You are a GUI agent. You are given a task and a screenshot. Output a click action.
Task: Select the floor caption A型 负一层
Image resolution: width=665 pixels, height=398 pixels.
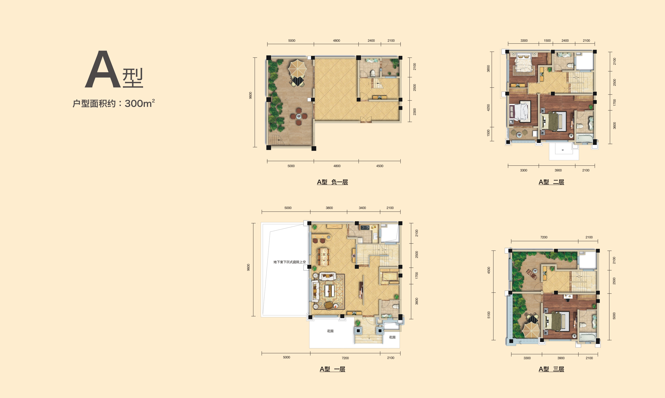point(332,182)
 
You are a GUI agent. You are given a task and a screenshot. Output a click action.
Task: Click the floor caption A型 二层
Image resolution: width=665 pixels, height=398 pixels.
point(551,182)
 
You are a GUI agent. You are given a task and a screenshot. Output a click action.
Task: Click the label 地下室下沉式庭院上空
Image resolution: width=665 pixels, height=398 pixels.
point(289,262)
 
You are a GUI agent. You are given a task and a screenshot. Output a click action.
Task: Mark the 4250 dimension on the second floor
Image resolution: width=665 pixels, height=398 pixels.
point(488,108)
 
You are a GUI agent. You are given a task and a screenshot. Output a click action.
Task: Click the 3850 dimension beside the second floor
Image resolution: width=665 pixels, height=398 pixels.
point(488,69)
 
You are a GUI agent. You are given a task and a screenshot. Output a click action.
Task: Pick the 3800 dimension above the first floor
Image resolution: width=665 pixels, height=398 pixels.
point(329,208)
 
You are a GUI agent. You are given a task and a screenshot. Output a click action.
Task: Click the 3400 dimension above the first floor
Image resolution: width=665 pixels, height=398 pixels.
point(362,208)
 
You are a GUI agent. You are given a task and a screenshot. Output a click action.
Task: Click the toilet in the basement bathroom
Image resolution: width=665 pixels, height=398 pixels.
point(373,73)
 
